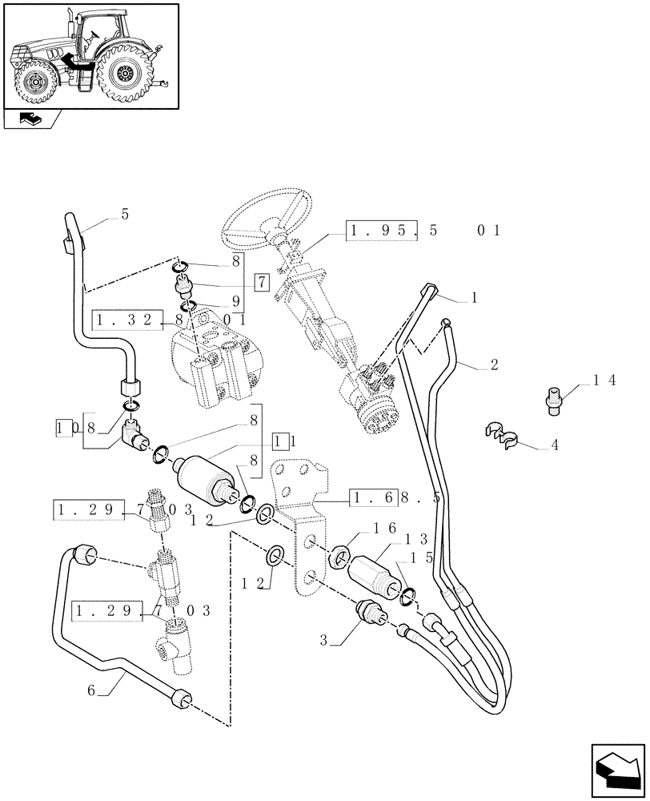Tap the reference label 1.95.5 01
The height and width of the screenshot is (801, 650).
[424, 231]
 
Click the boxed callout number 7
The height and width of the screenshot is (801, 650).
[262, 282]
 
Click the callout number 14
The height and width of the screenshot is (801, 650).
[604, 382]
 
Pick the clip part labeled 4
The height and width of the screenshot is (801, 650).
[500, 435]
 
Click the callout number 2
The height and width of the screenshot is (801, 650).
[494, 364]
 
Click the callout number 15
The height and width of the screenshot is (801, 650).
[422, 556]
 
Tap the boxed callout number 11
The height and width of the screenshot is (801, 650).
[280, 440]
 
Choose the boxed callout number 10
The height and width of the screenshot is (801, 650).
[64, 427]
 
